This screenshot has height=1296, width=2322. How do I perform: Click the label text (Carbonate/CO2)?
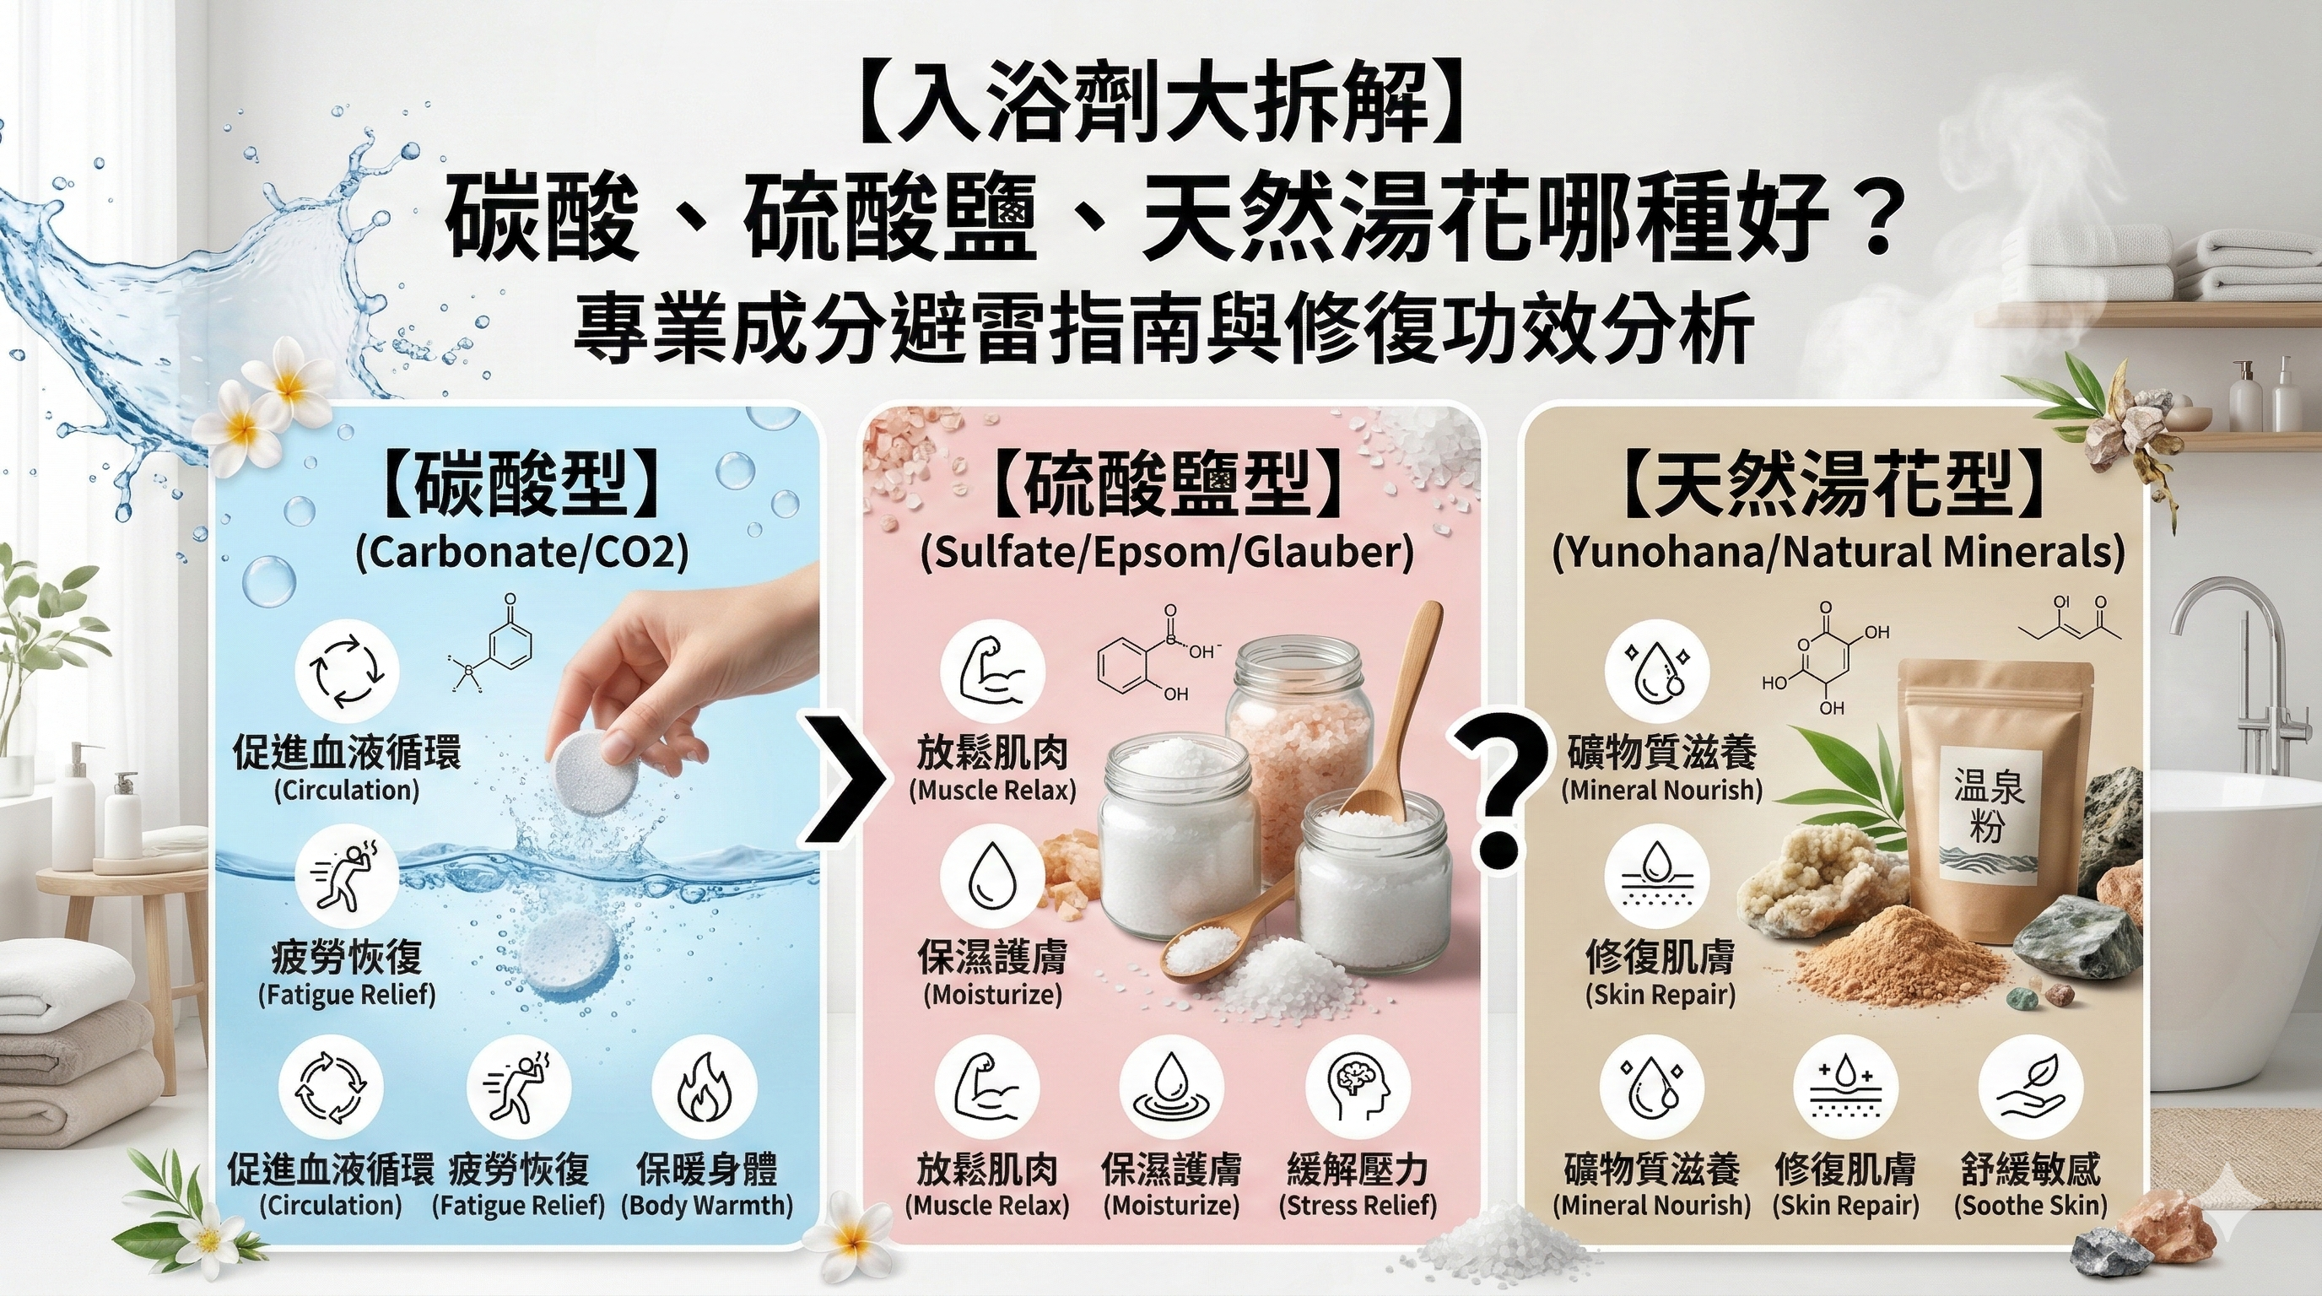[522, 553]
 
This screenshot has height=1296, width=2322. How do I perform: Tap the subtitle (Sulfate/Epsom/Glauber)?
[1167, 553]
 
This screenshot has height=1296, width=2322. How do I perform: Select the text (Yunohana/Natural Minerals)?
[1838, 553]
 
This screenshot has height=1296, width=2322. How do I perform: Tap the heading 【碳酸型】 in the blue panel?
[522, 488]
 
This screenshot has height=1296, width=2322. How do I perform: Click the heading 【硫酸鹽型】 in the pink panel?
[1167, 488]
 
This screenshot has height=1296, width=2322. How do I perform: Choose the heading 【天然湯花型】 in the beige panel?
[1838, 488]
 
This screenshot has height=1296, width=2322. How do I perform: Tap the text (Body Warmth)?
[707, 1206]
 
